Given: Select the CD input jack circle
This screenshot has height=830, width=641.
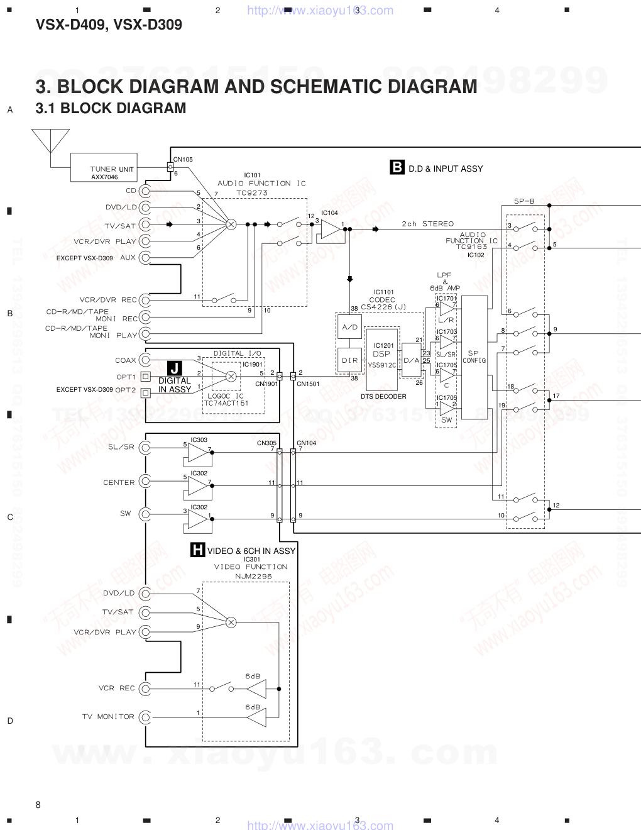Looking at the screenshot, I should point(146,191).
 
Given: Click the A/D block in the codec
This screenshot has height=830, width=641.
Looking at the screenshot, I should point(349,327).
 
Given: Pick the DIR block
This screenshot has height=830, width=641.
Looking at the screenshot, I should point(349,360).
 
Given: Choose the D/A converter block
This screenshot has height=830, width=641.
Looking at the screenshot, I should point(411,360).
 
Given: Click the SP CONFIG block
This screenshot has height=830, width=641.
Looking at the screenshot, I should point(474,357).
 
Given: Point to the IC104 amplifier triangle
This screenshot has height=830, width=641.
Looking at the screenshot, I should point(329,230).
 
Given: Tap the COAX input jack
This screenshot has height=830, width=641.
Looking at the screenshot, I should point(146,360).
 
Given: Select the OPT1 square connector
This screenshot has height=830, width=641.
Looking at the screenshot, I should point(146,377).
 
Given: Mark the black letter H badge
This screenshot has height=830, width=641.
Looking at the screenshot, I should point(197,551).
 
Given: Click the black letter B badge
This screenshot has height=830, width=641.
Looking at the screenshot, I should point(397,167).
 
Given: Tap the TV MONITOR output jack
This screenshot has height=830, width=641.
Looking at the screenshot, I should point(146,717).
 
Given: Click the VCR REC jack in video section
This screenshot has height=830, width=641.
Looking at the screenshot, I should point(146,688).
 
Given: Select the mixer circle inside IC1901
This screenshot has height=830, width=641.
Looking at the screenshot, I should point(231,376).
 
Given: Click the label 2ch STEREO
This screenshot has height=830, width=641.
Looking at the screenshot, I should point(427,224).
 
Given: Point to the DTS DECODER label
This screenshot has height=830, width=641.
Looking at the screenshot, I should point(383,396).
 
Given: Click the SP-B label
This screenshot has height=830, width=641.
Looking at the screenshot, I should point(523,201).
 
